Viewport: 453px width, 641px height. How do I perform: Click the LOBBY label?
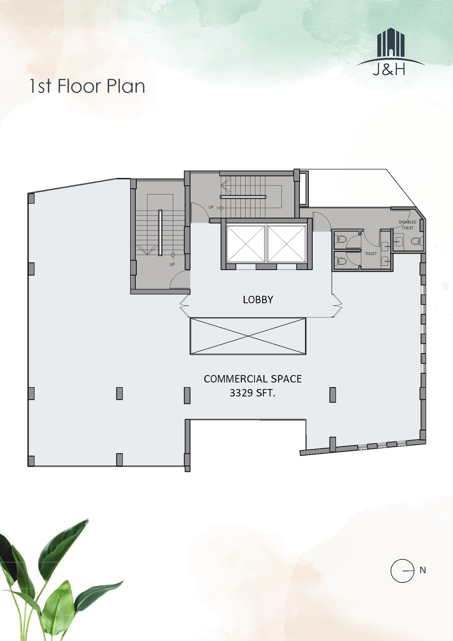[x=258, y=300]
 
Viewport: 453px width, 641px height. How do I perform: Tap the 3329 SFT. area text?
[x=252, y=393]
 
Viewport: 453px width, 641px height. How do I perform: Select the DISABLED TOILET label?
[x=408, y=225]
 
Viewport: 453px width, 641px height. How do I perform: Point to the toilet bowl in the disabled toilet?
[x=417, y=241]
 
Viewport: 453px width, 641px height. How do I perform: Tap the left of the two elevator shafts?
[x=246, y=244]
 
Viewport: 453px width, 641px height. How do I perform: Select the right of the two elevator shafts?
[x=287, y=244]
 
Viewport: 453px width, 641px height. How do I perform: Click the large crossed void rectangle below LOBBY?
[x=248, y=336]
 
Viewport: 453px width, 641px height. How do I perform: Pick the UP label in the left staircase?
[x=172, y=264]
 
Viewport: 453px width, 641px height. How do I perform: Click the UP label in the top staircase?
[x=211, y=207]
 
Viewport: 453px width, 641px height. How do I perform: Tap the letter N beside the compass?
[x=423, y=570]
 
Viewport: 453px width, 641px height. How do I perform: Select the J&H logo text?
[x=389, y=69]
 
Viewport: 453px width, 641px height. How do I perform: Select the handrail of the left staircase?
[x=160, y=232]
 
